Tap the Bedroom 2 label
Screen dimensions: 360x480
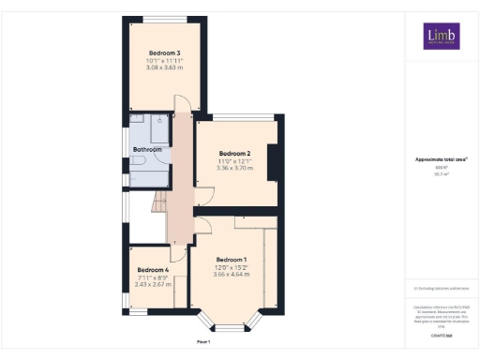[234, 153]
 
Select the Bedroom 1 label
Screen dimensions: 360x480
[231, 259]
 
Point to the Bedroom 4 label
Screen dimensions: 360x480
[152, 270]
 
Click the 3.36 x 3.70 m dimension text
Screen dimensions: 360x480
[234, 168]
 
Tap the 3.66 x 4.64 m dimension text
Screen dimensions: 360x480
[231, 274]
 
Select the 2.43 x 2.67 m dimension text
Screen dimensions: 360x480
[152, 284]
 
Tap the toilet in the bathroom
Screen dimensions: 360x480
[137, 161]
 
